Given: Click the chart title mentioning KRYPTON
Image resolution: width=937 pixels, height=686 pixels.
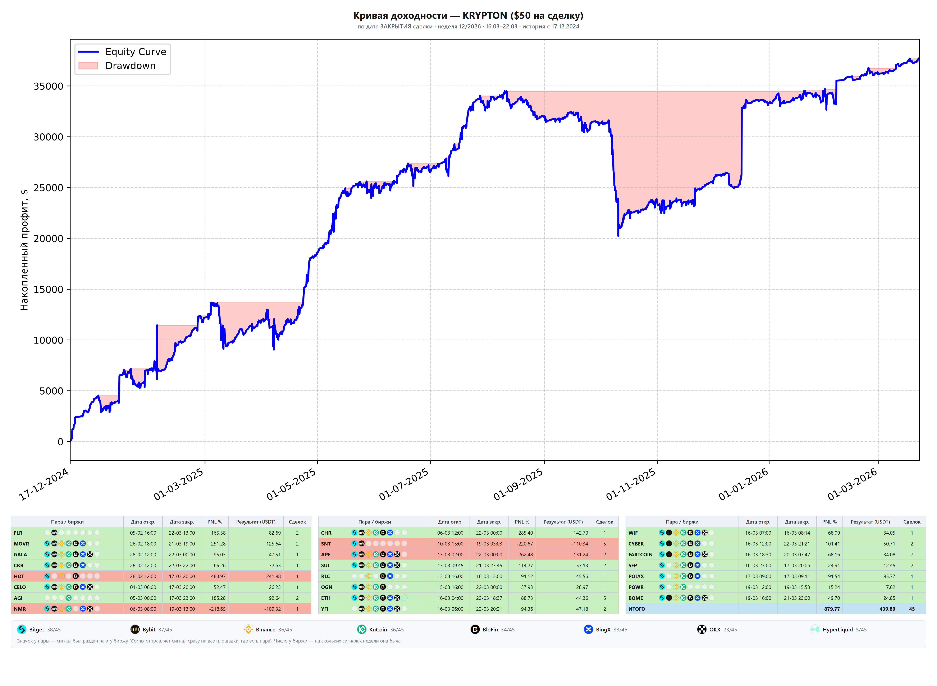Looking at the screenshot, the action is point(468,16).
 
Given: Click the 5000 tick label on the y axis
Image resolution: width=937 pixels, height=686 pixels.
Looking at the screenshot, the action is point(51,391).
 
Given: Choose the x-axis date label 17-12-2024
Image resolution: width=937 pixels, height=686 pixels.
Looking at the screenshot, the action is point(44,484).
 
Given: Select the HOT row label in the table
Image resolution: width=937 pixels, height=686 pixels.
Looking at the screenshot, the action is point(19,576).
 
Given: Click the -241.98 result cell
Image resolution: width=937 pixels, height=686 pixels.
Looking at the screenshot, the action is point(273,576).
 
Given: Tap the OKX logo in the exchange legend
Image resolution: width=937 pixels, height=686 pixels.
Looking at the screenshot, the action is point(701,630).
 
